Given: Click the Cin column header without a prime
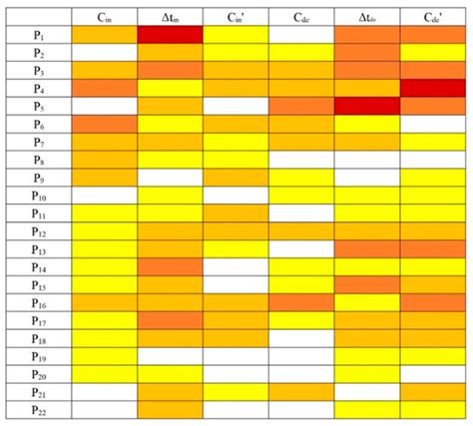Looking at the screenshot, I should coord(105,16).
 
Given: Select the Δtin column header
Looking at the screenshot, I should coord(170,16).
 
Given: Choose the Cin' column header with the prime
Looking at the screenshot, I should coord(236,16).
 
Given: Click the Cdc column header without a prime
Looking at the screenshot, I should coord(300,16).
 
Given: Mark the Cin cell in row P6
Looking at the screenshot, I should coord(105,124).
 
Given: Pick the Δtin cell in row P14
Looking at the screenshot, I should coord(170,266).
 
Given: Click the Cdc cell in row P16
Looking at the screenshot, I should coord(300,302).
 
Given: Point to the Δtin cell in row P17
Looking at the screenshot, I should coord(170,320).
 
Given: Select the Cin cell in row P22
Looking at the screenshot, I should coord(105,409).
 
